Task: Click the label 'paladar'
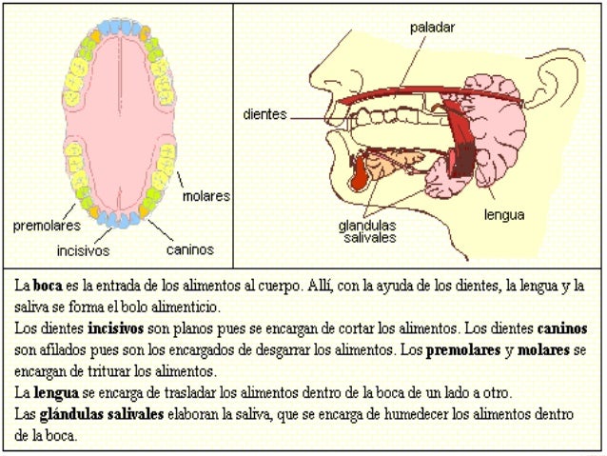(432, 29)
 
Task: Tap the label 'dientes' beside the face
(264, 114)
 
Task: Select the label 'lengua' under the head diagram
(504, 215)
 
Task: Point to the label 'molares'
(206, 196)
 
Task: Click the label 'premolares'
(47, 226)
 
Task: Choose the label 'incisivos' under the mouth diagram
(83, 250)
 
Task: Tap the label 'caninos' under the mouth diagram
(190, 249)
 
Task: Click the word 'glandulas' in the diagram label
(367, 226)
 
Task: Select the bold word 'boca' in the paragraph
(48, 286)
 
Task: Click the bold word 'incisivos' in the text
(116, 328)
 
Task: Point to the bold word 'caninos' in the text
(562, 328)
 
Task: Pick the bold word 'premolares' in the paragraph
(463, 350)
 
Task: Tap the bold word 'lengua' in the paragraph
(56, 393)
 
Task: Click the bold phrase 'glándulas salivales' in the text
(102, 414)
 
